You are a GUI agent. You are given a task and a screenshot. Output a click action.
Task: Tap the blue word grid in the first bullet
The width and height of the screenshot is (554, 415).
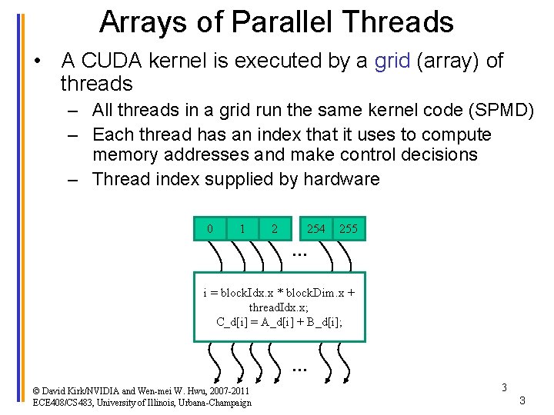click(x=392, y=61)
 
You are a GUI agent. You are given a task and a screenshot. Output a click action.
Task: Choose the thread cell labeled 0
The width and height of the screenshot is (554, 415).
click(x=209, y=229)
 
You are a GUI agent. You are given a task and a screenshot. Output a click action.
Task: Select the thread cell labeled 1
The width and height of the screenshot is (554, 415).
click(x=242, y=229)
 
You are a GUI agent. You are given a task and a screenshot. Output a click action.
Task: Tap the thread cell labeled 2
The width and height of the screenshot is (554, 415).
click(x=275, y=229)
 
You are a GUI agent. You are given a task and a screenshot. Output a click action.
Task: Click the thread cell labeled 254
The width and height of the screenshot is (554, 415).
click(x=315, y=229)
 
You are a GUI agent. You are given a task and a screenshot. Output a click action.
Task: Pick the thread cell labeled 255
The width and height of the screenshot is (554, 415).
click(x=349, y=229)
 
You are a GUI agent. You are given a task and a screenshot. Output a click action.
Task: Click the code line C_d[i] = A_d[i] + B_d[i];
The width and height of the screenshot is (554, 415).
click(x=279, y=321)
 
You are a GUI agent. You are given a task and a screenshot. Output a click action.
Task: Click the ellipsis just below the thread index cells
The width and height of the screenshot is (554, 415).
click(x=299, y=251)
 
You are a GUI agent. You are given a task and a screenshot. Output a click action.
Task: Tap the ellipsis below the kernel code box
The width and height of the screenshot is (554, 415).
click(x=299, y=368)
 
